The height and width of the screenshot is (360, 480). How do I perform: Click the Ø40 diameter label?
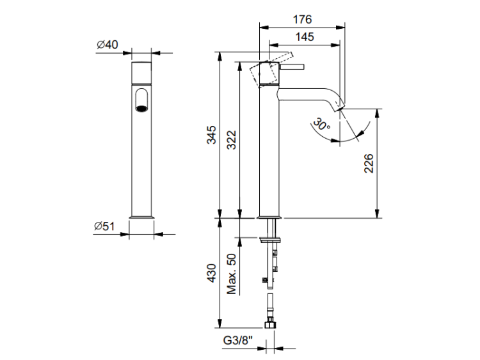[108, 45]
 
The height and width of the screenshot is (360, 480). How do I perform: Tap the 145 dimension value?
[305, 37]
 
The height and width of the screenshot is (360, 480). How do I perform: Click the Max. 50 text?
[232, 274]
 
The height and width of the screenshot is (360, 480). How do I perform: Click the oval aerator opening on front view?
[141, 101]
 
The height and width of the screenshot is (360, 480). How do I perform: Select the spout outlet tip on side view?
[339, 105]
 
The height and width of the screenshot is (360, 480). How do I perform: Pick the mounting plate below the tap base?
[269, 239]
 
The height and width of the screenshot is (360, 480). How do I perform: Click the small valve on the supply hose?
[263, 279]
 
